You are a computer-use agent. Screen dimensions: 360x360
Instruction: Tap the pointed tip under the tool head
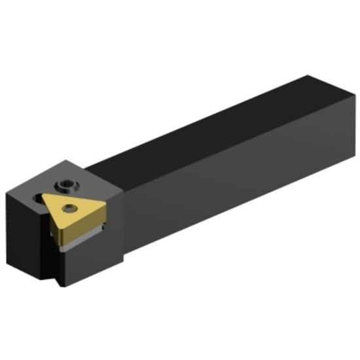pos(60,284)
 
